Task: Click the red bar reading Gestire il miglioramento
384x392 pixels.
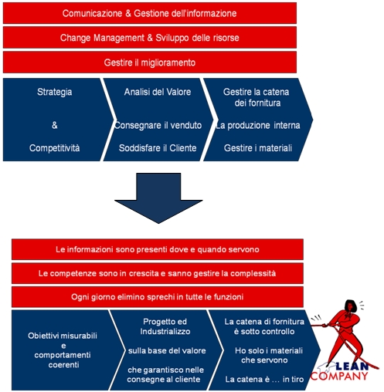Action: pos(150,63)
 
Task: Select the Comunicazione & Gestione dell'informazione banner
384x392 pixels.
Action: pos(150,13)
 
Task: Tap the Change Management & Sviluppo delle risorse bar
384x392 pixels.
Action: pos(150,38)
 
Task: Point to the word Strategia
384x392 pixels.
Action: pos(54,93)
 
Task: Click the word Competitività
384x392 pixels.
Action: pos(54,148)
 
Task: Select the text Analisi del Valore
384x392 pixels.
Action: pos(158,92)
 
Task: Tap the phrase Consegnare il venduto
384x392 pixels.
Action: pos(158,125)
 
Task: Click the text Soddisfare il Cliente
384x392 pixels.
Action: pos(158,148)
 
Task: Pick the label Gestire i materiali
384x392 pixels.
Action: pos(258,148)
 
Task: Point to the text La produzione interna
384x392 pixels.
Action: pos(258,125)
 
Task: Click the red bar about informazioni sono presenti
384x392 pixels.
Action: pos(158,249)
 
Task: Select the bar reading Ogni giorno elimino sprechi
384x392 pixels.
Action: pos(158,297)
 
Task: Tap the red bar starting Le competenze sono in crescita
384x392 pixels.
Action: pos(158,273)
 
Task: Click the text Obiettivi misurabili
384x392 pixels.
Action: pos(63,336)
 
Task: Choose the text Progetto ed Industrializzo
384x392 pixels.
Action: pos(165,326)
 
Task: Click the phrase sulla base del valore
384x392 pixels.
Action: pos(167,350)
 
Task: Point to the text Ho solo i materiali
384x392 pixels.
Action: pos(269,350)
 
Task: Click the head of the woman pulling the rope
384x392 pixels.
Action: pos(351,306)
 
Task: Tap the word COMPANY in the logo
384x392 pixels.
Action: pos(339,376)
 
